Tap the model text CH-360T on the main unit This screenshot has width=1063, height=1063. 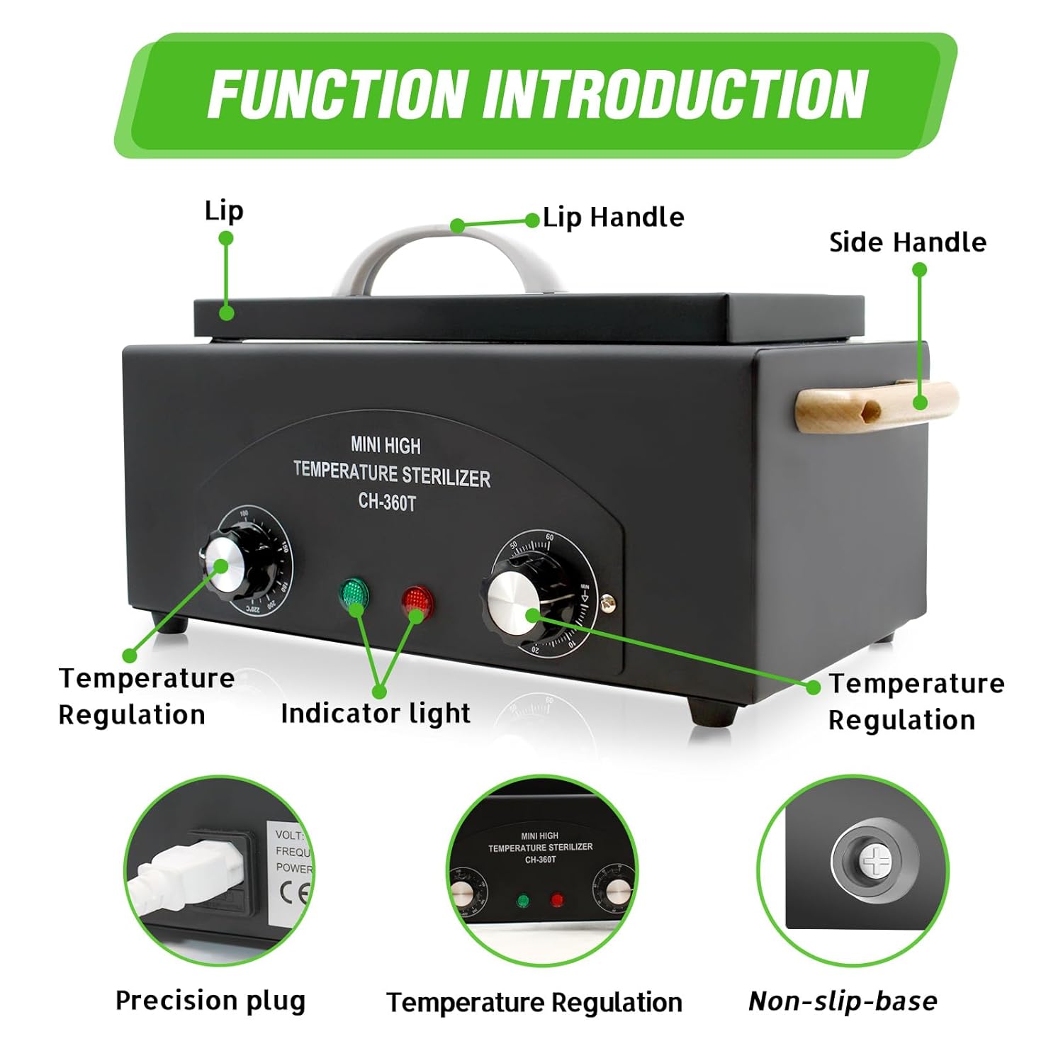[387, 502]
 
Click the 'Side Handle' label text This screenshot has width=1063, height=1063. [907, 242]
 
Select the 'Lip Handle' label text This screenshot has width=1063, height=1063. [614, 218]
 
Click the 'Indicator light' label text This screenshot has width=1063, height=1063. [376, 713]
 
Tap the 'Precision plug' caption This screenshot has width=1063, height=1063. [210, 1001]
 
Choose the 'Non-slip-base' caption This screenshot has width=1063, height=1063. [843, 1001]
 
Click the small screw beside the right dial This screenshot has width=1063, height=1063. [607, 604]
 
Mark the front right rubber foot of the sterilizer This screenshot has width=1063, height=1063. [712, 712]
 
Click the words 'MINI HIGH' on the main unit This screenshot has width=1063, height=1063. [386, 445]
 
